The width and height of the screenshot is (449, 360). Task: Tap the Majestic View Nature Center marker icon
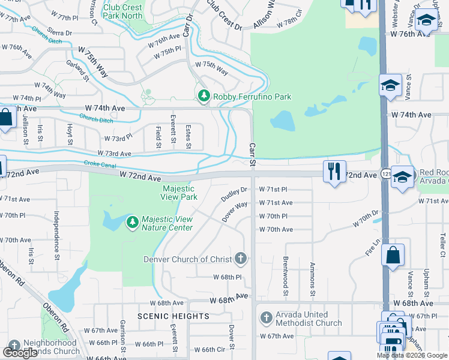(132, 223)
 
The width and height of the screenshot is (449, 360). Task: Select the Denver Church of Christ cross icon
(240, 259)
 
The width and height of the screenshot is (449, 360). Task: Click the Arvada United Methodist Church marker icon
(266, 318)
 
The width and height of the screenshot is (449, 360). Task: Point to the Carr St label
(253, 154)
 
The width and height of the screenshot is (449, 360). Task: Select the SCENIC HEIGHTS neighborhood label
(173, 316)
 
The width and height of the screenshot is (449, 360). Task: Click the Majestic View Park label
(179, 193)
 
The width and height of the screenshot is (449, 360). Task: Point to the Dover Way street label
(234, 212)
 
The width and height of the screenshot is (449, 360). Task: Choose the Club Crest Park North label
(124, 11)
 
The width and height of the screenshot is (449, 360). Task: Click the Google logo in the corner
(20, 353)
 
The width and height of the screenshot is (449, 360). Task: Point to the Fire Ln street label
(373, 249)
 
